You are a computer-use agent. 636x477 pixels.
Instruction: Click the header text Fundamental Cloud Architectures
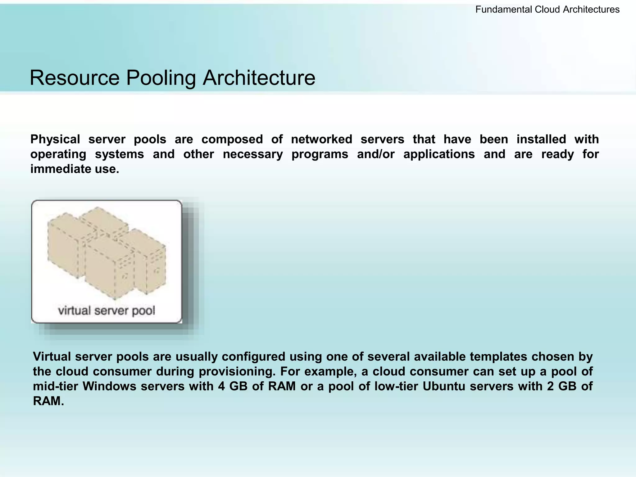point(547,10)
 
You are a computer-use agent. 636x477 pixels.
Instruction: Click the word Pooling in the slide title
point(161,78)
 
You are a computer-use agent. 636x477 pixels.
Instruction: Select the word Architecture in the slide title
point(259,78)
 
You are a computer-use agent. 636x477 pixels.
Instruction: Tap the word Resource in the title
point(75,78)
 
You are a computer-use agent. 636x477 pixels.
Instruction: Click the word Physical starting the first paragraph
point(55,139)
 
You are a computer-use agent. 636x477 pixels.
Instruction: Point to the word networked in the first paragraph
point(321,139)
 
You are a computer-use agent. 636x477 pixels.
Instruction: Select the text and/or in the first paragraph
point(376,154)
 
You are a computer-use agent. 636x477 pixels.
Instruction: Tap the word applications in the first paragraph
point(439,154)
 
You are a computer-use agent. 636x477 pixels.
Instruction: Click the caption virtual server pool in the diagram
point(107,311)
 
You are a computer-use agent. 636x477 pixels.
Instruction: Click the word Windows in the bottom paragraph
point(109,387)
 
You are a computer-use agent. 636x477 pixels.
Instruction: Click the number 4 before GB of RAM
point(221,387)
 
